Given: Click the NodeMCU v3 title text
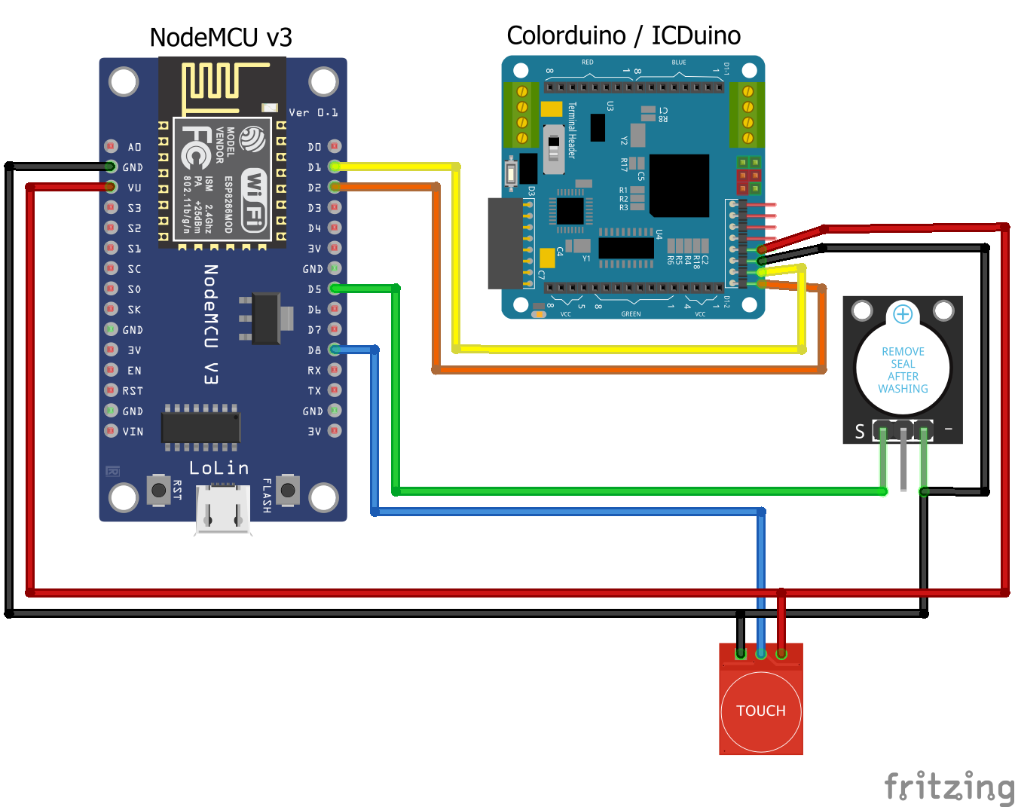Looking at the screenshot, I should pyautogui.click(x=221, y=38).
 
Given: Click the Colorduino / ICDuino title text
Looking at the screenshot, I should pyautogui.click(x=623, y=35).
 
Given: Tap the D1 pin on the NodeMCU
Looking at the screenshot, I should pyautogui.click(x=335, y=167).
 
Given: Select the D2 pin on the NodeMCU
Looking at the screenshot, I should pyautogui.click(x=335, y=187).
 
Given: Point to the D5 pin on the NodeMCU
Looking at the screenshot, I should pyautogui.click(x=335, y=289).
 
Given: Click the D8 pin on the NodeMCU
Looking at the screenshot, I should pyautogui.click(x=335, y=350).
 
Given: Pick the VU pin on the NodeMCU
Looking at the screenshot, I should pyautogui.click(x=112, y=187).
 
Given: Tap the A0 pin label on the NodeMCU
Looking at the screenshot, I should pyautogui.click(x=134, y=147).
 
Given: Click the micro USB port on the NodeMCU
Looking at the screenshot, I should pyautogui.click(x=223, y=509).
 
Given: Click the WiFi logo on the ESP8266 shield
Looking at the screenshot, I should pyautogui.click(x=254, y=198).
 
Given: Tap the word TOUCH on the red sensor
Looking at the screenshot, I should pyautogui.click(x=761, y=711).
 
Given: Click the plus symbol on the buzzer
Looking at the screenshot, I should pyautogui.click(x=903, y=313).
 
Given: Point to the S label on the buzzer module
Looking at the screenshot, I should pyautogui.click(x=860, y=432).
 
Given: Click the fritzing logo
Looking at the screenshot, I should pyautogui.click(x=949, y=787).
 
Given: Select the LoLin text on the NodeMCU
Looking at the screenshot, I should pyautogui.click(x=219, y=468).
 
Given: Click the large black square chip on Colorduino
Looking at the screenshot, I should pyautogui.click(x=680, y=185).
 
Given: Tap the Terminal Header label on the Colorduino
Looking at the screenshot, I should pyautogui.click(x=572, y=130).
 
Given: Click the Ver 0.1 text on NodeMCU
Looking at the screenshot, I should pyautogui.click(x=313, y=113).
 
